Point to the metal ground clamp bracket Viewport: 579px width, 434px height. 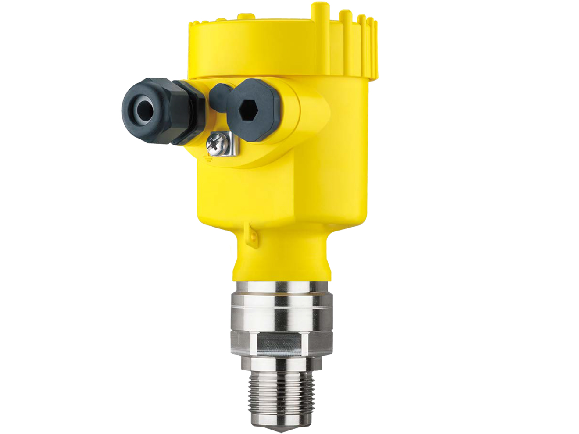coord(231,145)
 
